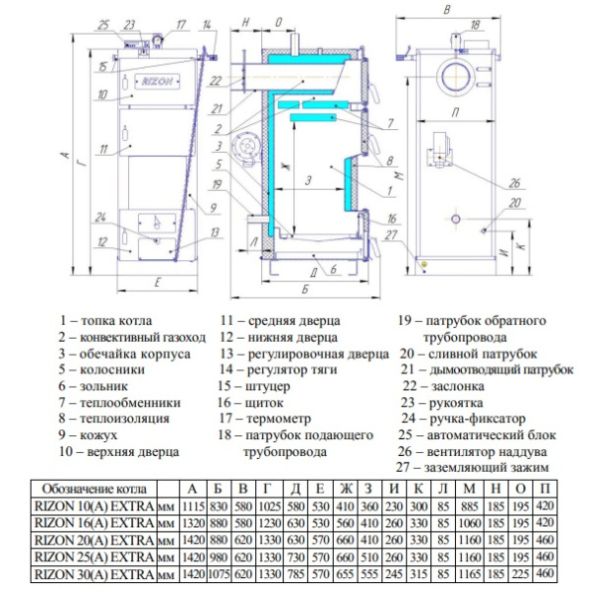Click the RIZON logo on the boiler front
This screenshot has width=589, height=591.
(158, 82)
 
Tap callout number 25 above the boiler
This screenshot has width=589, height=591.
(103, 26)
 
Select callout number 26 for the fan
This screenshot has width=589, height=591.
(514, 183)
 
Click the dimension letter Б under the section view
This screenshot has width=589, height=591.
(305, 289)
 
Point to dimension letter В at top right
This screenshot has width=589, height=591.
(447, 9)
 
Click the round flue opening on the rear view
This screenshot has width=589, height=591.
(456, 76)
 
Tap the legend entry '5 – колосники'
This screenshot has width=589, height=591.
(101, 369)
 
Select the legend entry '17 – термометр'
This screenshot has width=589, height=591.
(265, 418)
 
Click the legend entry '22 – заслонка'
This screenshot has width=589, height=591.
(443, 386)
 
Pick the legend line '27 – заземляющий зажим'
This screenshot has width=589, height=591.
(472, 467)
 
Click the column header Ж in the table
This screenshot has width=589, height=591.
(346, 489)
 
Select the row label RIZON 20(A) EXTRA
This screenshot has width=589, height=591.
(95, 540)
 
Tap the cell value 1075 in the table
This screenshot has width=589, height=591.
(219, 574)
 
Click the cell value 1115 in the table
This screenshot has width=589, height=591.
(193, 506)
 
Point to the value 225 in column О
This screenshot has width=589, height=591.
(520, 574)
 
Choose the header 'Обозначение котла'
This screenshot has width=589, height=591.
(94, 489)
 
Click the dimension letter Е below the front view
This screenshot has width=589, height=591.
(158, 282)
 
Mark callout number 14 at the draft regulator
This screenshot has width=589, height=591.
(207, 26)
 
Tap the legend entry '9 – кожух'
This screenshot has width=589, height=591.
(88, 434)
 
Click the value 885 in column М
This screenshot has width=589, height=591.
(469, 506)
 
